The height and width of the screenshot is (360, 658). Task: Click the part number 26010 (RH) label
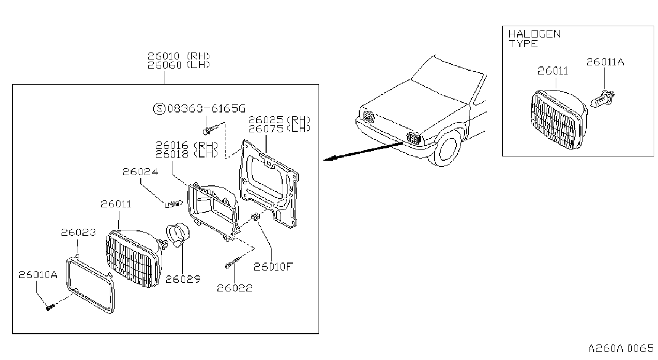coord(179,56)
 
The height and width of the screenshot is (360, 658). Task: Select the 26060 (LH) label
coord(179,65)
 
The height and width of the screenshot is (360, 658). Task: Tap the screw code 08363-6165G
coord(206,109)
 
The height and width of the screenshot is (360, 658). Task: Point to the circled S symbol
coord(159,109)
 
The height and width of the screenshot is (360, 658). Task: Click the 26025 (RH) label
coord(279,119)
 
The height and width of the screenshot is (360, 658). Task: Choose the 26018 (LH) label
coord(186,154)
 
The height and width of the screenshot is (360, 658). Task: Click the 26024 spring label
coord(140,171)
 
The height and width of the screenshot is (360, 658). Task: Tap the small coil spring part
coord(174,204)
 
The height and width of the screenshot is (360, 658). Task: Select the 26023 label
coord(78,232)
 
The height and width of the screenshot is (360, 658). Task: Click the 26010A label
coord(38,275)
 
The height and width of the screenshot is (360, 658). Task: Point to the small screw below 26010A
coord(50,307)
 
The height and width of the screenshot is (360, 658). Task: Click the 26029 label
coord(183,279)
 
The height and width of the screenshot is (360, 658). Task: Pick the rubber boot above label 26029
coord(178,235)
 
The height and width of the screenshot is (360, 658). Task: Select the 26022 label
coord(235,288)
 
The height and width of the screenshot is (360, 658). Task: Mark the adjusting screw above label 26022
coord(234,262)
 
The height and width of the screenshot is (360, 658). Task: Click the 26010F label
coord(273,267)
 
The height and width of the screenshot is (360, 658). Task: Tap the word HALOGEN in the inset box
coord(534,34)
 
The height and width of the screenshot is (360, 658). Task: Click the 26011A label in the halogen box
coord(605,62)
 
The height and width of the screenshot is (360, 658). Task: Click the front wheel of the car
coord(447,148)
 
